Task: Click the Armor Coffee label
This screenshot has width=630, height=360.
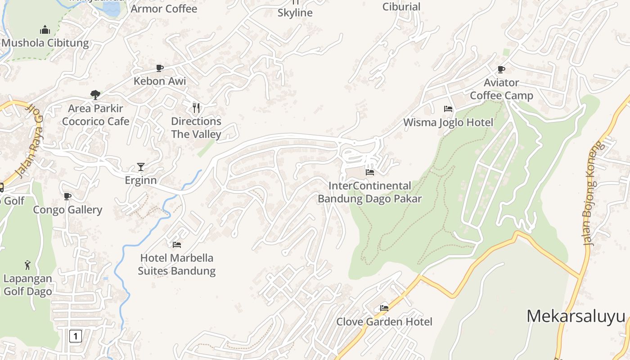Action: pyautogui.click(x=164, y=9)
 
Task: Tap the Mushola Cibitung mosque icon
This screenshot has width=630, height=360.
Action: pyautogui.click(x=45, y=30)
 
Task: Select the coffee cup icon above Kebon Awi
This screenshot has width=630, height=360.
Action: pyautogui.click(x=159, y=68)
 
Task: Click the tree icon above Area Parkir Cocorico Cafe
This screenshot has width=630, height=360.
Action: pyautogui.click(x=95, y=94)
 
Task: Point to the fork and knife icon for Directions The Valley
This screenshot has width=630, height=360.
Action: pyautogui.click(x=196, y=108)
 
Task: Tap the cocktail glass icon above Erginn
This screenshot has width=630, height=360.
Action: pyautogui.click(x=141, y=167)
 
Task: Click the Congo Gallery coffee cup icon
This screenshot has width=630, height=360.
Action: pyautogui.click(x=67, y=196)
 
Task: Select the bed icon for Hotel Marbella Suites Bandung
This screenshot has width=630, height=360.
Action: pyautogui.click(x=177, y=245)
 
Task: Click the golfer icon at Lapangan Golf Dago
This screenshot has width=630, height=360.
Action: pyautogui.click(x=28, y=265)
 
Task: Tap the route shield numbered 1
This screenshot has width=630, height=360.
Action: pyautogui.click(x=76, y=336)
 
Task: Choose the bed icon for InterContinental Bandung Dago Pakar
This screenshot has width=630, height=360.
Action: pyautogui.click(x=370, y=172)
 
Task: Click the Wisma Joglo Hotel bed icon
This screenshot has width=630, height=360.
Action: pyautogui.click(x=448, y=109)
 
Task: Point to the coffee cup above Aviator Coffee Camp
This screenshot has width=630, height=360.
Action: pyautogui.click(x=501, y=69)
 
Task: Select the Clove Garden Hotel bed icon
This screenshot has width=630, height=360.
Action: pyautogui.click(x=384, y=308)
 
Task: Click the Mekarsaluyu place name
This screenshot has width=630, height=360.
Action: pyautogui.click(x=576, y=316)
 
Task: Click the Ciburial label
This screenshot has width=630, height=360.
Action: pyautogui.click(x=401, y=7)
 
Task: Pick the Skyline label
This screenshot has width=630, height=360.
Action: pyautogui.click(x=295, y=13)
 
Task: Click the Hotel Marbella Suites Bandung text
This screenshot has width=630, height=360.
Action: pyautogui.click(x=176, y=264)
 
